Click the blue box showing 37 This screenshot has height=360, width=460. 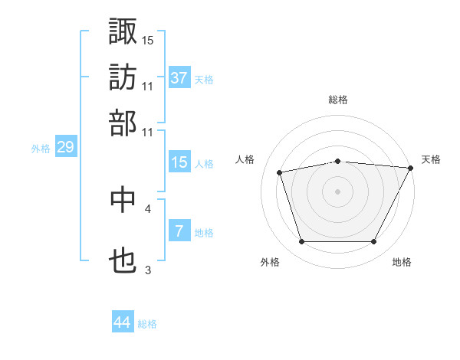coord(179,78)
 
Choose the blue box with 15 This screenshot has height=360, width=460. coord(179,162)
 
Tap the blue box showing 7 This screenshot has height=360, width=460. coord(179,231)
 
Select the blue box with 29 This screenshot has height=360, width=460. coord(65,147)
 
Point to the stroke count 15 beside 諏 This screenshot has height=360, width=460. coord(148,40)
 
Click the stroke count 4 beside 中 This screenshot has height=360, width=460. coord(148,208)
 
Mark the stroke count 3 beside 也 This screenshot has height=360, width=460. coord(148,270)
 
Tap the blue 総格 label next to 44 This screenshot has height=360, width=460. coord(147,324)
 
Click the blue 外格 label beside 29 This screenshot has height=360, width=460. coord(41,149)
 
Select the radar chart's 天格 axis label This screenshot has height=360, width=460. coord(431,159)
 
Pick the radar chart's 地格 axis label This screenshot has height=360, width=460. coord(402,262)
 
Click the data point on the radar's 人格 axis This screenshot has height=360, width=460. coord(280,172)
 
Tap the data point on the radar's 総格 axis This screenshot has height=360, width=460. coord(338,161)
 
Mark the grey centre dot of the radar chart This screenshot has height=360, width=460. coord(338,191)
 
